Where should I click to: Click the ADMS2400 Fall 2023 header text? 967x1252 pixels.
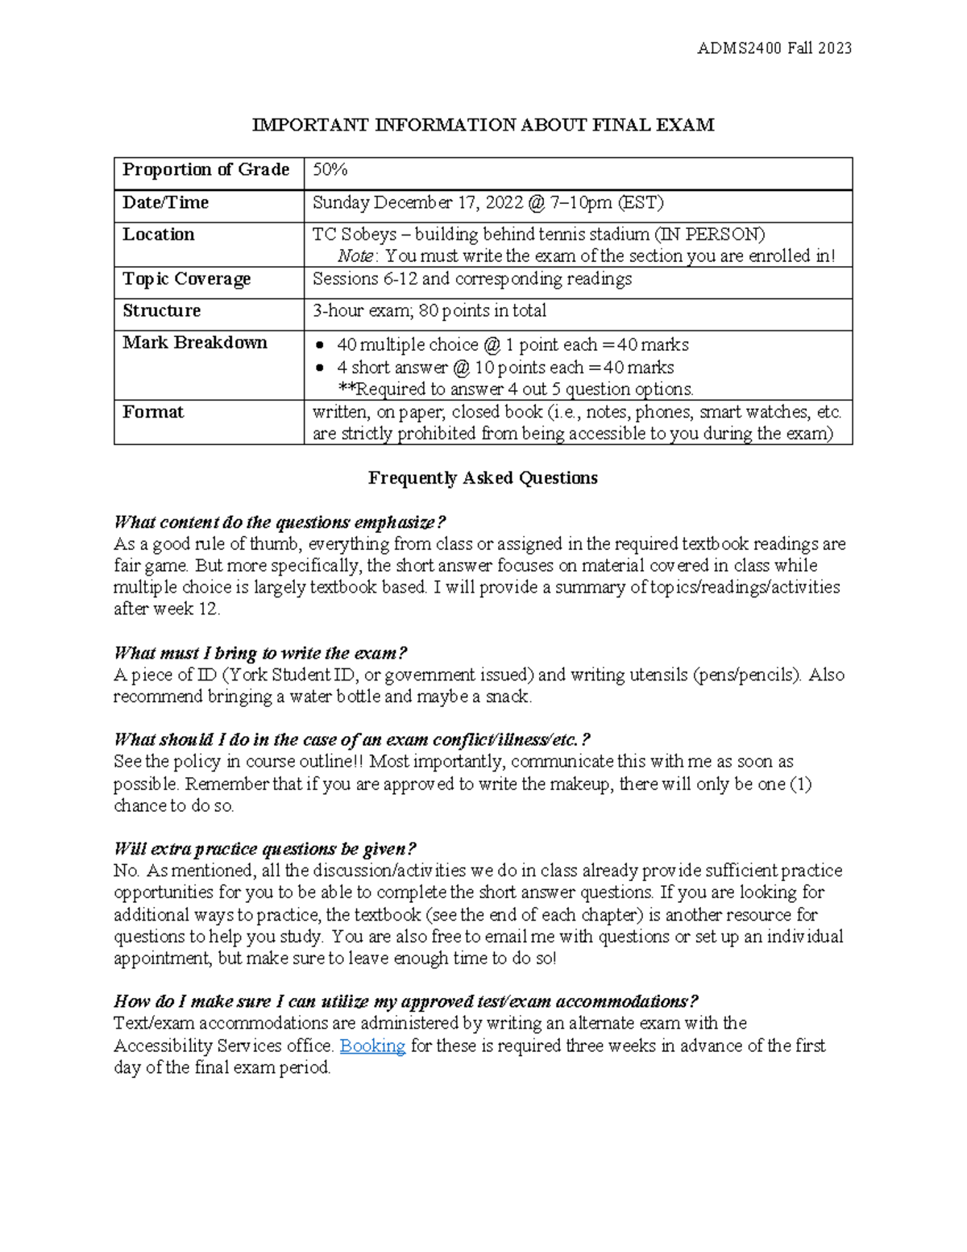click(x=774, y=48)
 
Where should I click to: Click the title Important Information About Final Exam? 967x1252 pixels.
click(x=483, y=125)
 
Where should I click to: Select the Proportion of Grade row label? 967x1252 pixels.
click(x=205, y=170)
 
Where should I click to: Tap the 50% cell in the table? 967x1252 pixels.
click(x=330, y=170)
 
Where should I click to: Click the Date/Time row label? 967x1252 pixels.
click(x=165, y=202)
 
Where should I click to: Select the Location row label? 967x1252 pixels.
click(x=159, y=235)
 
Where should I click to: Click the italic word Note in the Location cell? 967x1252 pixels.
click(x=355, y=256)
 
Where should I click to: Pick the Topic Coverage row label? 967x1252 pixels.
click(x=186, y=279)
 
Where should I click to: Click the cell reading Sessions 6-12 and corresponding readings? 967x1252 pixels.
click(x=472, y=279)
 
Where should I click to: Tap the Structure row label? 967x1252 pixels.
click(x=161, y=311)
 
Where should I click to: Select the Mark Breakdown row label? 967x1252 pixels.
click(x=194, y=343)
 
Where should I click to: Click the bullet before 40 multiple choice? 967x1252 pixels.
click(x=322, y=346)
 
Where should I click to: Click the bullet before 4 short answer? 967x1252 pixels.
click(x=322, y=368)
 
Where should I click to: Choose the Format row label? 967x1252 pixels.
click(x=153, y=412)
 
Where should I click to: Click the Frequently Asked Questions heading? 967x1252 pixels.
click(x=483, y=478)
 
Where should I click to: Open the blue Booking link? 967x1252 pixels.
click(x=372, y=1046)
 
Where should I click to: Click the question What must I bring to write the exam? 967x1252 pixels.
click(x=260, y=653)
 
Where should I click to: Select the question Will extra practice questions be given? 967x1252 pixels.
click(x=265, y=849)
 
